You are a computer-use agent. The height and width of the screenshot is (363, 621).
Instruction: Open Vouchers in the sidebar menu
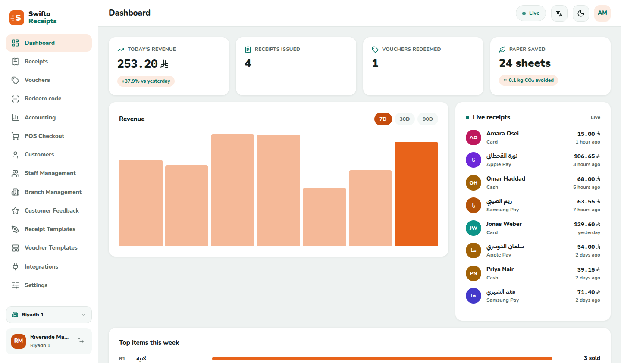point(37,80)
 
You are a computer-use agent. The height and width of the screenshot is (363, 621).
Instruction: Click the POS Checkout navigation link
point(44,136)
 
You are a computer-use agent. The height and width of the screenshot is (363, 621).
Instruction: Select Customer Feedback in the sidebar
point(52,210)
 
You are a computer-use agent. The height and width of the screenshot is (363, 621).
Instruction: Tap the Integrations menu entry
point(41,266)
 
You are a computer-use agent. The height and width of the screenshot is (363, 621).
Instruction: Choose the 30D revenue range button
point(405,119)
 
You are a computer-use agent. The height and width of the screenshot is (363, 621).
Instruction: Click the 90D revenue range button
point(427,119)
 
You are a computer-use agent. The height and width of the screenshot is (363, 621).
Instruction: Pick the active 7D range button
point(383,119)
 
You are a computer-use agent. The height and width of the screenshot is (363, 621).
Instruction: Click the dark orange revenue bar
point(416,194)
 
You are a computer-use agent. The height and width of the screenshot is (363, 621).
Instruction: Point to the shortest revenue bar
point(324,217)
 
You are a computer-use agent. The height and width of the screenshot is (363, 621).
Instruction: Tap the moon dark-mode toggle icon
point(580,13)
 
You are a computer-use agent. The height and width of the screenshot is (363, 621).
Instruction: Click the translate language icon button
point(559,13)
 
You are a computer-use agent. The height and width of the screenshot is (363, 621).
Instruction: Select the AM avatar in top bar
point(602,13)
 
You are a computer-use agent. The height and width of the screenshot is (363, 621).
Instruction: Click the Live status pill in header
point(530,13)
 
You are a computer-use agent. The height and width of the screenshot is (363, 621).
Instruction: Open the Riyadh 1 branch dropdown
point(49,315)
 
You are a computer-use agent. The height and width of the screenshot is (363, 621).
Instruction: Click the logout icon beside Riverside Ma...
point(81,341)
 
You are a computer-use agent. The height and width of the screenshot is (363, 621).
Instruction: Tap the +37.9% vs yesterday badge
point(146,81)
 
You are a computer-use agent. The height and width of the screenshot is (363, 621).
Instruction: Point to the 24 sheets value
point(525,63)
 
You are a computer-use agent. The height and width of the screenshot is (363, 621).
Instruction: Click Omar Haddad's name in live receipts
point(506,179)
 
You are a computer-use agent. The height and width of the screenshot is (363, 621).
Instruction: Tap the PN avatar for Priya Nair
point(473,273)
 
